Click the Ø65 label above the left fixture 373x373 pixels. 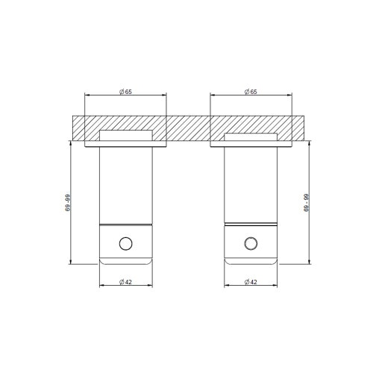pos(125,90)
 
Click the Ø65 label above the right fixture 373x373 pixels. pos(251,90)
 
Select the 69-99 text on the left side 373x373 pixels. pos(67,204)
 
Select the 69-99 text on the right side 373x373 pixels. pos(306,204)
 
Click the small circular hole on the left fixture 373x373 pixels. pos(125,243)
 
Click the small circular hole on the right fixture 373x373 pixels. pos(251,243)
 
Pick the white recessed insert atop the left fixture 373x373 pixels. pos(125,136)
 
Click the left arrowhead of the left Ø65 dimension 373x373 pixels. pos(87,95)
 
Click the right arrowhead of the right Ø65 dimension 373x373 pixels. pos(290,95)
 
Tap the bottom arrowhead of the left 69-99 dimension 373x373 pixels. pos(71,261)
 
